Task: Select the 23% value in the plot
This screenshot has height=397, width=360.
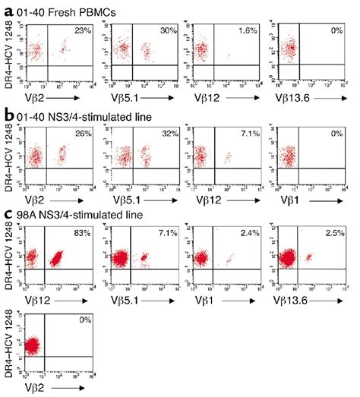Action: [77, 30]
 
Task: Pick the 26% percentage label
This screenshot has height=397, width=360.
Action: [77, 132]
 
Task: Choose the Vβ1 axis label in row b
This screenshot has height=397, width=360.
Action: [280, 200]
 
